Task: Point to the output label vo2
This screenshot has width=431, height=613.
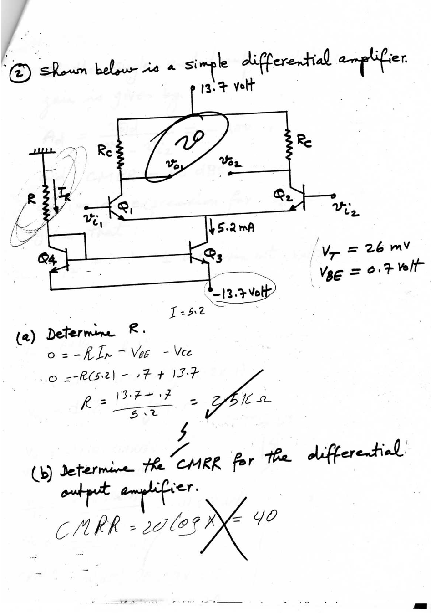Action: coord(231,161)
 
